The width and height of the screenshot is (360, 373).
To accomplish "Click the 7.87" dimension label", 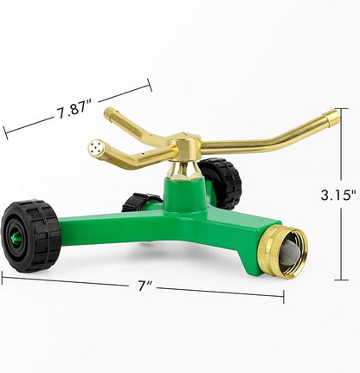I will coord(75,111).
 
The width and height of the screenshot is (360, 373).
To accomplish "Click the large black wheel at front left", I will coord(30,236).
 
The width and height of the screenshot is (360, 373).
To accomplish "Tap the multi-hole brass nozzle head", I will coord(100,149).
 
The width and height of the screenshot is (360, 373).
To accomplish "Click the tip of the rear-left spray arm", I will coord(108,112).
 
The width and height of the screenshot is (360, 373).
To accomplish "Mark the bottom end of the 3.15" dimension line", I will coord(342,280).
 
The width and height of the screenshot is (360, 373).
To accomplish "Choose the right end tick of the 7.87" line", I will coord(150,84).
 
